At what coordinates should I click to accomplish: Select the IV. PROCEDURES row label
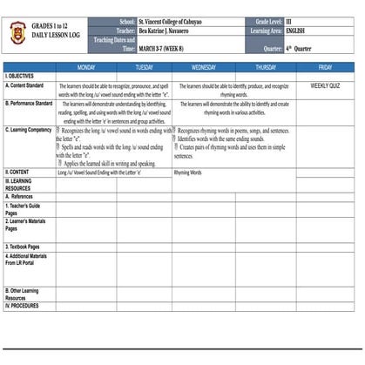click(24, 306)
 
